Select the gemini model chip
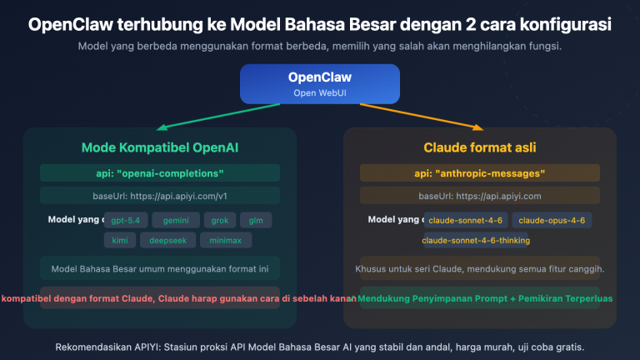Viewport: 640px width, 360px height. [x=176, y=221]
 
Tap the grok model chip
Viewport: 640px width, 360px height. [x=219, y=221]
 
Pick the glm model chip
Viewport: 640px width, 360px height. [x=257, y=221]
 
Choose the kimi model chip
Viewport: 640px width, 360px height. [x=118, y=240]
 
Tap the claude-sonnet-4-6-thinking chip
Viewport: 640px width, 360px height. [x=476, y=240]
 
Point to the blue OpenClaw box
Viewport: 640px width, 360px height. [x=319, y=83]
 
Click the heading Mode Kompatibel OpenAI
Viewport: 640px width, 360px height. [x=159, y=148]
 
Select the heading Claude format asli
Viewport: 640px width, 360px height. [x=480, y=148]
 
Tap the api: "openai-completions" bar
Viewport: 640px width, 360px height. [x=159, y=173]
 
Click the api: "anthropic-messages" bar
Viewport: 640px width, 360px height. [x=480, y=173]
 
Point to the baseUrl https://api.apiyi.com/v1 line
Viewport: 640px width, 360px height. [x=159, y=196]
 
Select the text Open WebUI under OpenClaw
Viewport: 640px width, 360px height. [x=319, y=92]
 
